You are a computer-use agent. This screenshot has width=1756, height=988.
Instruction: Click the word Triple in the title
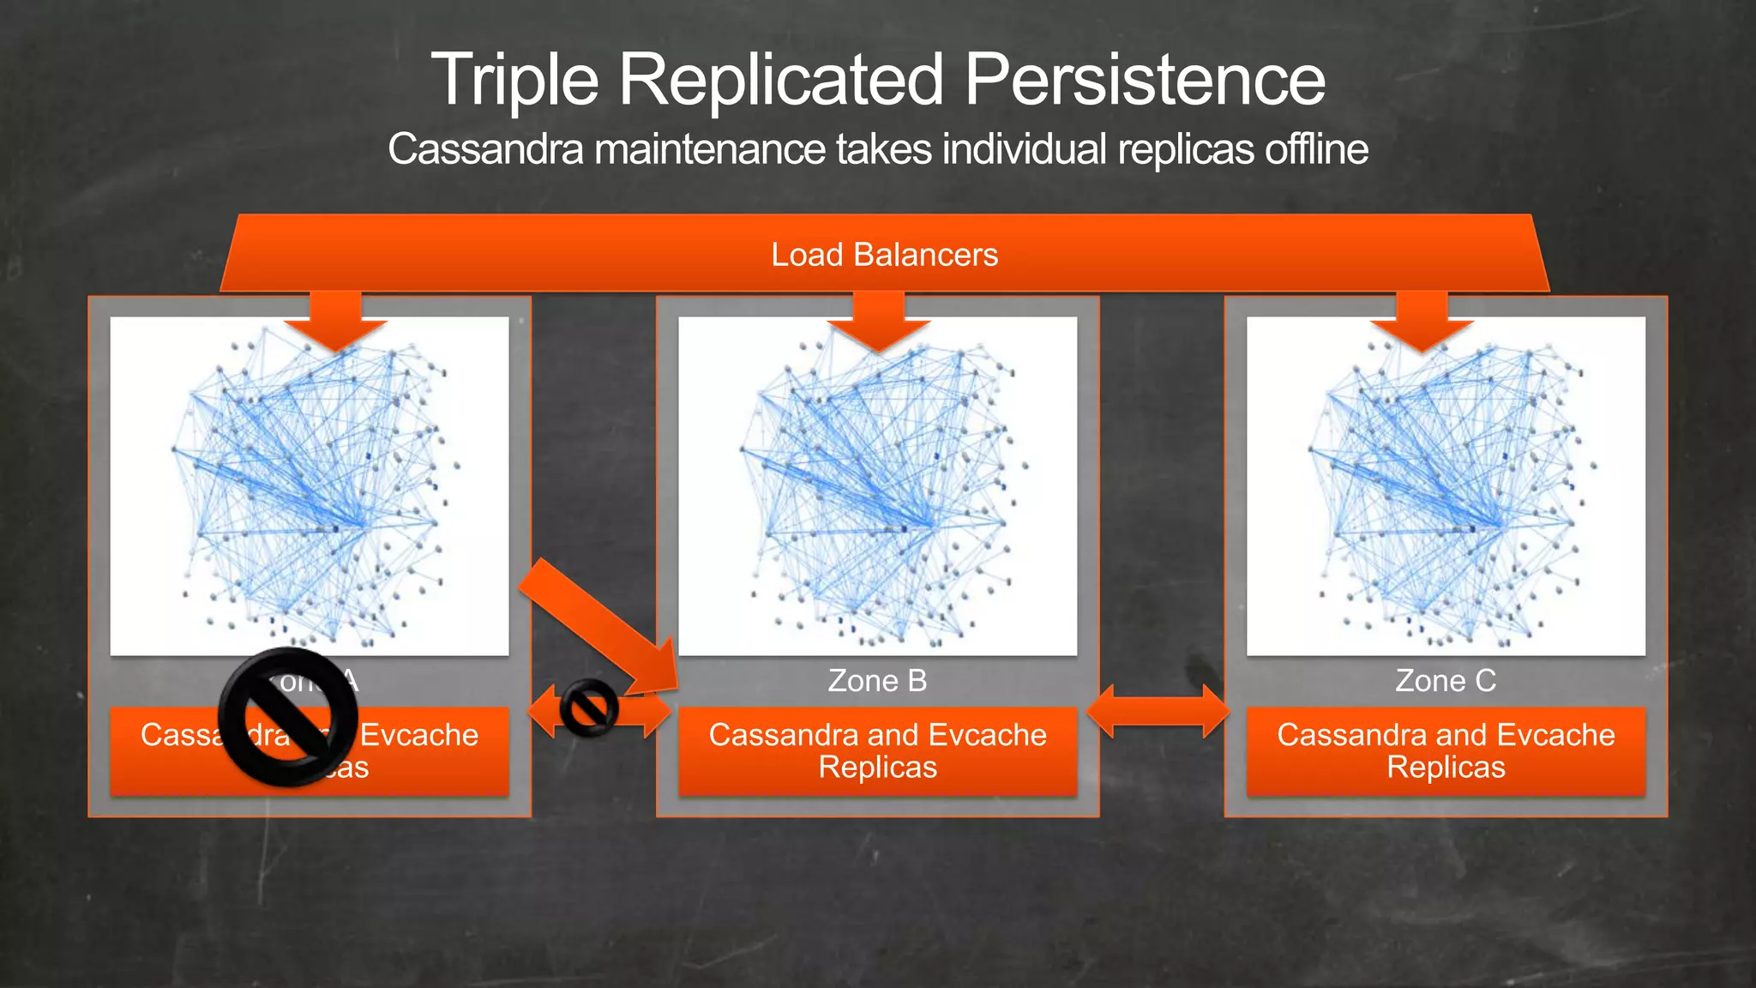(514, 80)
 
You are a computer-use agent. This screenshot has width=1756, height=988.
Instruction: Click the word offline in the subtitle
(1315, 149)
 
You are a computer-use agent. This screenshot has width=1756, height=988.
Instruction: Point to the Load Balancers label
(884, 255)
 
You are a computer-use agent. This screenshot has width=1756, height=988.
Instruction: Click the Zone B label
(877, 681)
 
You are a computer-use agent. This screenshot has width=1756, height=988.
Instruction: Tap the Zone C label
(1446, 681)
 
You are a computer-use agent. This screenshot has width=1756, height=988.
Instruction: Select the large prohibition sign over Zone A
(288, 717)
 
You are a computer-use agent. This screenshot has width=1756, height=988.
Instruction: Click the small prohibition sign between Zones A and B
(589, 708)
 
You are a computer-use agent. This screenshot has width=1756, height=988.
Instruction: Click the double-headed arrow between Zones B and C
(1158, 711)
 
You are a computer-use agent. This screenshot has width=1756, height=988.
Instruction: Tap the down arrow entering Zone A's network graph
(335, 322)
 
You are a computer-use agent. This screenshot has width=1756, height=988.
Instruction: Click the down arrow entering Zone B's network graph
(878, 322)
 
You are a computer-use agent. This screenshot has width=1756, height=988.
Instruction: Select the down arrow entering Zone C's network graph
(1422, 322)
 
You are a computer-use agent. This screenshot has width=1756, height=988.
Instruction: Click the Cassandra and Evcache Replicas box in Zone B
(877, 751)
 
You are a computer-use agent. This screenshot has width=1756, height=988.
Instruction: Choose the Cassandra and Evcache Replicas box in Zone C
(1446, 751)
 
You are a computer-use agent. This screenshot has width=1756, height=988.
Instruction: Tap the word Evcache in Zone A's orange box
(418, 735)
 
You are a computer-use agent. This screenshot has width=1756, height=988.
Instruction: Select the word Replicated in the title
(780, 80)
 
